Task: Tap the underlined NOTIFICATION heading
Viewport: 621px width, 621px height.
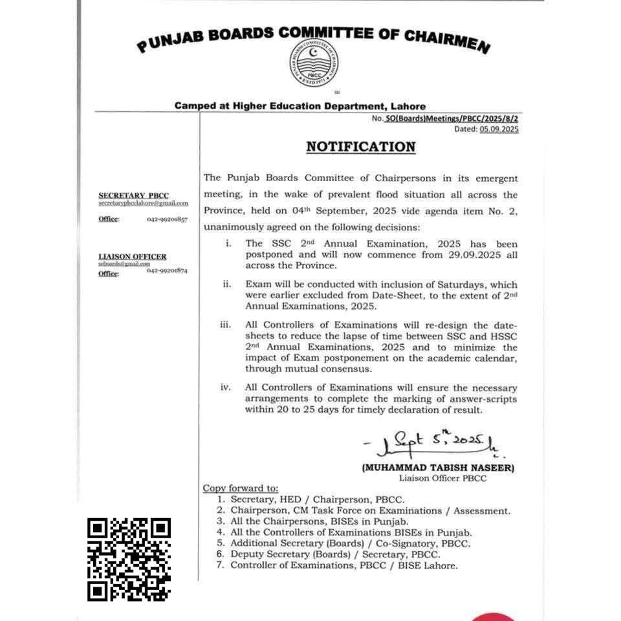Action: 360,147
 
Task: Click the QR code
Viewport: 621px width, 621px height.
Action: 129,560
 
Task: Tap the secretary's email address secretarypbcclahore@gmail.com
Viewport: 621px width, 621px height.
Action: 143,203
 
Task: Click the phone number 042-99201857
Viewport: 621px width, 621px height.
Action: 167,219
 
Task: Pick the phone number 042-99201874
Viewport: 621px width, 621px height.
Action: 167,271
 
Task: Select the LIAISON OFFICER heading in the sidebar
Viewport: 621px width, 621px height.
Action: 132,257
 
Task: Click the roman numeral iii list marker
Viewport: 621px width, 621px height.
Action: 225,324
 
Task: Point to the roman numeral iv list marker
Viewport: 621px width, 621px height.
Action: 225,388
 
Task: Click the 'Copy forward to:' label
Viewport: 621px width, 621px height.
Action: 241,488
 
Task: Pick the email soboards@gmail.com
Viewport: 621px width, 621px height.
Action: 124,264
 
